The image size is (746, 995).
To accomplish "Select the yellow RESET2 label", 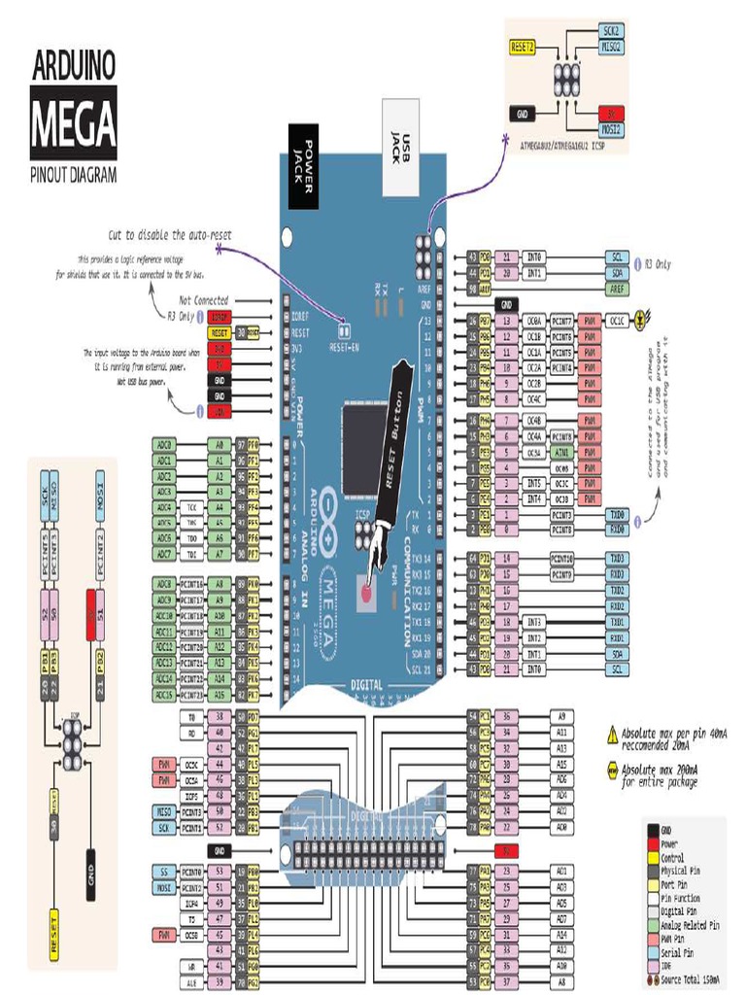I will tap(524, 46).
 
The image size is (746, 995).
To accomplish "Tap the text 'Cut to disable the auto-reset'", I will tap(170, 235).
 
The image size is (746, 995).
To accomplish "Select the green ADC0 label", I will tap(163, 444).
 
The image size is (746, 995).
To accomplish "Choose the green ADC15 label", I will tap(163, 696).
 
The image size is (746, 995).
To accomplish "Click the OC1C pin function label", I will tap(616, 319).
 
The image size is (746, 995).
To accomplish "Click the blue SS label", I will tap(163, 872).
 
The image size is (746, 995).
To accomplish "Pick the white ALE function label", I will tap(190, 982).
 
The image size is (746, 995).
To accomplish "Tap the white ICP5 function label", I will tap(190, 796).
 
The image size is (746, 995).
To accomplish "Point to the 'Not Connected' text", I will tap(204, 301).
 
